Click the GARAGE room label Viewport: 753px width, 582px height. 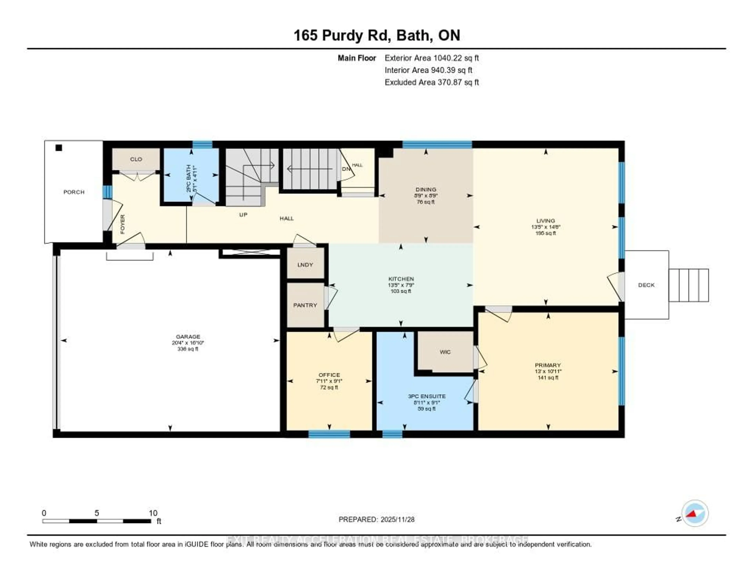(188, 336)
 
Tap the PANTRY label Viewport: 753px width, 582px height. (305, 305)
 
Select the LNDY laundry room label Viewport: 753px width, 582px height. (305, 265)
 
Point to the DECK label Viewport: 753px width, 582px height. (646, 285)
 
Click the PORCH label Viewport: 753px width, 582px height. (74, 192)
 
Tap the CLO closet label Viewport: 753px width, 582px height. (136, 159)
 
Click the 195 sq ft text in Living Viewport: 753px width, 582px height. (546, 233)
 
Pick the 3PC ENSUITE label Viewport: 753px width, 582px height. (427, 396)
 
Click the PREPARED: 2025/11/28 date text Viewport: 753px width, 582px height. (376, 519)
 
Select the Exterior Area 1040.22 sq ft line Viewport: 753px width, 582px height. (432, 58)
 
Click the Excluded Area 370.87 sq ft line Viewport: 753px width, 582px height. (432, 82)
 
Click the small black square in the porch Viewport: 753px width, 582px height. (59, 148)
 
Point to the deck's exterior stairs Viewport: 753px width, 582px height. (688, 285)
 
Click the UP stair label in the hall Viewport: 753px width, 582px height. (243, 215)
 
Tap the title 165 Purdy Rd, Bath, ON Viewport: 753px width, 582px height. (376, 35)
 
